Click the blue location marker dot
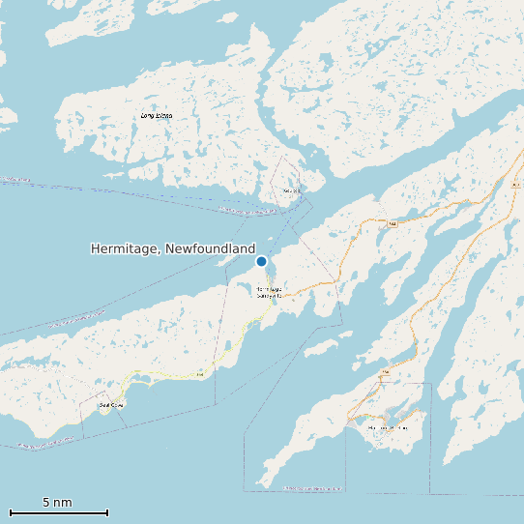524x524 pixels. pyautogui.click(x=261, y=261)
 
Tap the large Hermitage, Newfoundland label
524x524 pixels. pyautogui.click(x=173, y=249)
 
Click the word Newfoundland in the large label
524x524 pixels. pyautogui.click(x=210, y=249)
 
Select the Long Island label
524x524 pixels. pyautogui.click(x=157, y=116)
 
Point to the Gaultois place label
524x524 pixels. pyautogui.click(x=292, y=190)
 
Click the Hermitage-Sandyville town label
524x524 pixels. pyautogui.click(x=269, y=291)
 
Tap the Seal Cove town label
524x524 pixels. pyautogui.click(x=112, y=405)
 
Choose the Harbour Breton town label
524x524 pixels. pyautogui.click(x=387, y=426)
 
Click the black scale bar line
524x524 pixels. pyautogui.click(x=58, y=512)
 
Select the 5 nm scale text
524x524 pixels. pyautogui.click(x=57, y=502)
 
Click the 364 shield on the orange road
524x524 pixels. pyautogui.click(x=393, y=223)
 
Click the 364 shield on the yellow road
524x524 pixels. pyautogui.click(x=199, y=374)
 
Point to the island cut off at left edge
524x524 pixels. pyautogui.click(x=6, y=116)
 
